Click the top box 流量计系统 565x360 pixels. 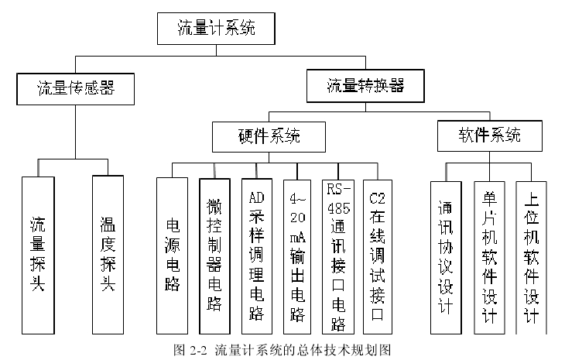pyautogui.click(x=216, y=31)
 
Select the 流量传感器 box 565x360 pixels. pyautogui.click(x=76, y=88)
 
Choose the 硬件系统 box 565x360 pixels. pyautogui.click(x=268, y=137)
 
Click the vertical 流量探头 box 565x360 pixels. pyautogui.click(x=38, y=254)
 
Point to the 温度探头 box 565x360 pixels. pyautogui.click(x=108, y=254)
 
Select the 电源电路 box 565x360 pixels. pyautogui.click(x=173, y=254)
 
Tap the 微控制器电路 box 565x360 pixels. pyautogui.click(x=215, y=254)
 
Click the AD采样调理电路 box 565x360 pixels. pyautogui.click(x=257, y=254)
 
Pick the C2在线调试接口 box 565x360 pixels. pyautogui.click(x=377, y=254)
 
